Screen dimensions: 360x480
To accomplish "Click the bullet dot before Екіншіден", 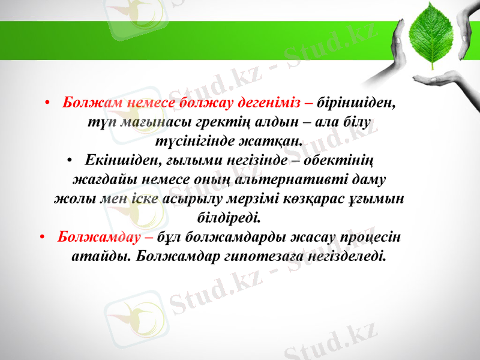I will click(70, 161).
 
